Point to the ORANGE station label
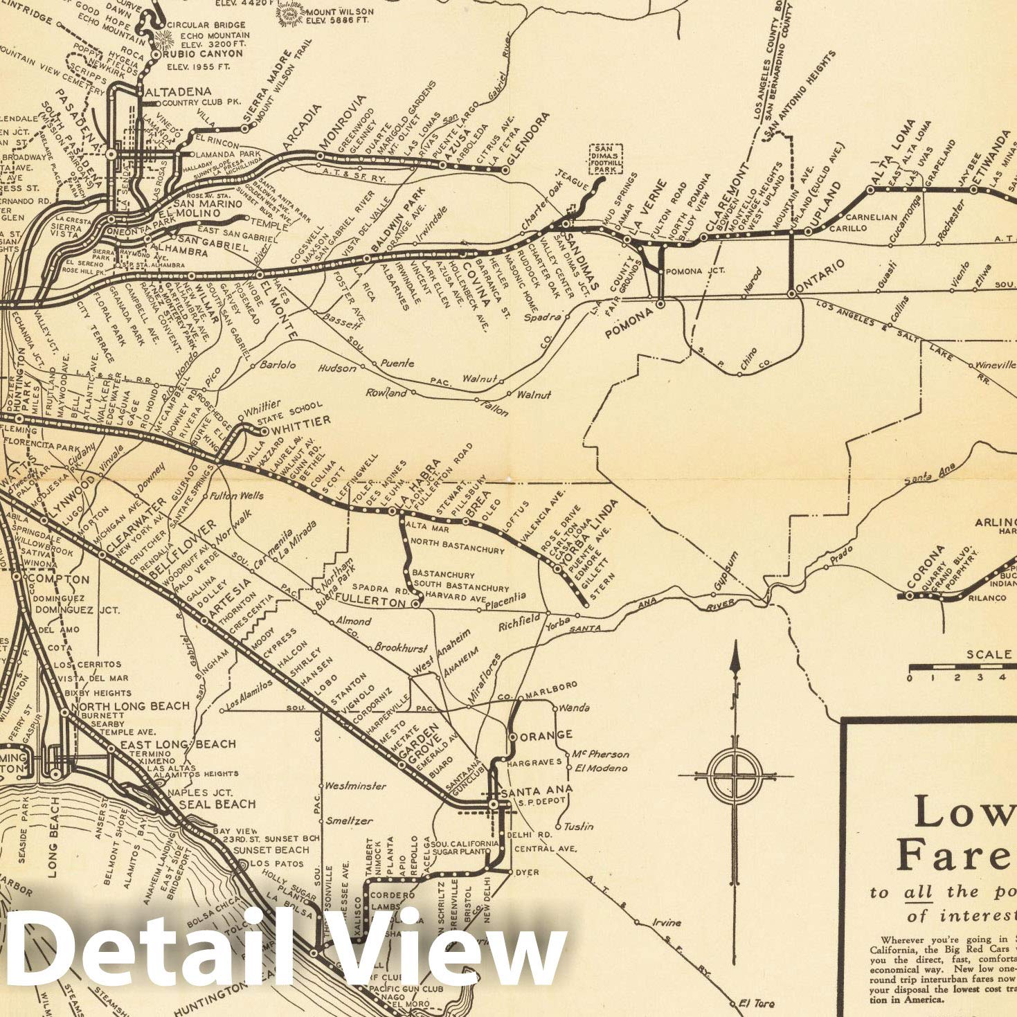pyautogui.click(x=546, y=735)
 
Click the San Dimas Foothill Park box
pyautogui.click(x=605, y=159)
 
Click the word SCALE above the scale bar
pyautogui.click(x=989, y=654)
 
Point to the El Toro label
pyautogui.click(x=756, y=1002)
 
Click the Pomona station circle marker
pyautogui.click(x=660, y=303)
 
